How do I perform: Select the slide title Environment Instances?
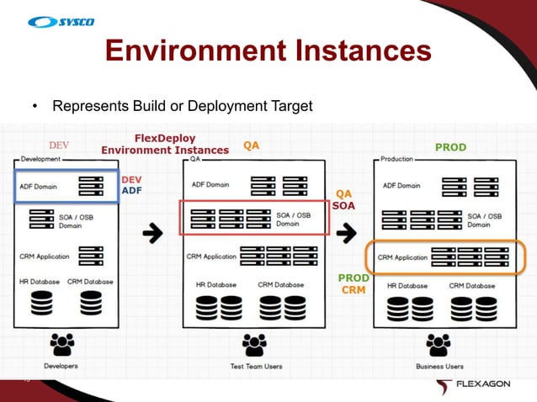point(268,51)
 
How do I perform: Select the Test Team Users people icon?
point(255,345)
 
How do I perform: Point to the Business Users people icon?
point(439,345)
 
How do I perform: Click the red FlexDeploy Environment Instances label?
point(165,143)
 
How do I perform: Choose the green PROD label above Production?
point(449,147)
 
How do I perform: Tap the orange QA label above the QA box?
point(251,145)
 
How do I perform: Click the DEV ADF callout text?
point(132,185)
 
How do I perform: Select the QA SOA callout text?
point(344,198)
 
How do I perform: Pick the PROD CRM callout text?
point(353,284)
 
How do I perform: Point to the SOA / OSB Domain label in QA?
point(294,219)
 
